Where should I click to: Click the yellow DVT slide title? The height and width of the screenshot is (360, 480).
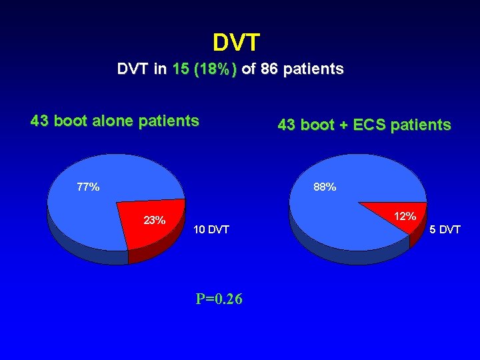click(x=236, y=43)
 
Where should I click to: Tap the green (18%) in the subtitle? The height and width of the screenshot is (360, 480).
click(x=214, y=69)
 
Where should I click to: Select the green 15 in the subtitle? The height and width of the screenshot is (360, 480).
click(x=179, y=69)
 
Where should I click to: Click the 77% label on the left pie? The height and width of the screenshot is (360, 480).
click(x=88, y=187)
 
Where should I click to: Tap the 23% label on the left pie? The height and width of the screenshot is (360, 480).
click(x=155, y=220)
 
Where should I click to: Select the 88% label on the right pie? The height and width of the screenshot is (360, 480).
click(x=325, y=187)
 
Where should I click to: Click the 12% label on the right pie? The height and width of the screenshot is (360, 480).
click(x=405, y=216)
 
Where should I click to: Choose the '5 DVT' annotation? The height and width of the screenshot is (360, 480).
click(x=445, y=230)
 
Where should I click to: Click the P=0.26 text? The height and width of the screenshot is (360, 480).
click(x=219, y=299)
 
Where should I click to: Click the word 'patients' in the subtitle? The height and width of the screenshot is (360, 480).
click(x=315, y=69)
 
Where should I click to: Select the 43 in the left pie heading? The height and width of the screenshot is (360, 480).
click(x=39, y=121)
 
